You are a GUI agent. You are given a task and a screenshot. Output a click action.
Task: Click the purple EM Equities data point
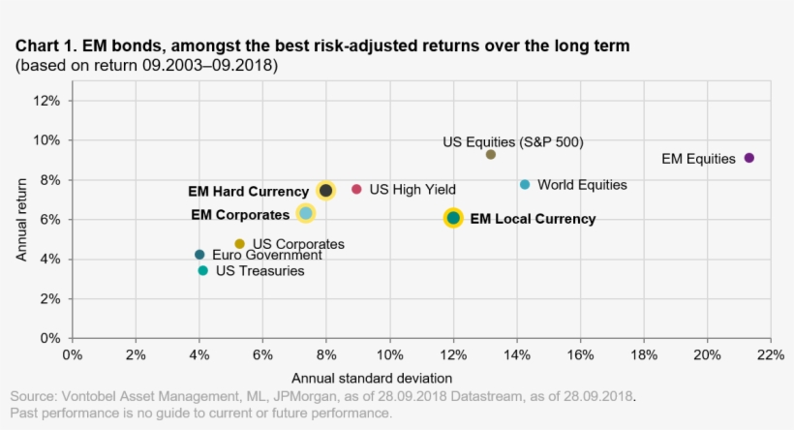(748, 158)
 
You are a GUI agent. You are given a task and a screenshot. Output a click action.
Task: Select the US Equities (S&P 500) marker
(491, 154)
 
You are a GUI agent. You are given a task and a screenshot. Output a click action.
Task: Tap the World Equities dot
(525, 184)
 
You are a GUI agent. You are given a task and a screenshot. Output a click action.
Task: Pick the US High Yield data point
(356, 190)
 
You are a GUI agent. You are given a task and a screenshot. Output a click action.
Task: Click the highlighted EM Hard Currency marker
(326, 191)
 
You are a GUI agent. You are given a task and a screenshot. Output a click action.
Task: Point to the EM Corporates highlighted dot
(305, 213)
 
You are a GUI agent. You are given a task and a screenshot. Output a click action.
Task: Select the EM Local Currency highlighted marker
(453, 218)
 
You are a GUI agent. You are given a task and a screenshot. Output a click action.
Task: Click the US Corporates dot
(240, 244)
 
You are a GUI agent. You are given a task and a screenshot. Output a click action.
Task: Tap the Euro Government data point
(199, 255)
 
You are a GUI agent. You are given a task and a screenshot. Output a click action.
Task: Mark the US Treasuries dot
(202, 271)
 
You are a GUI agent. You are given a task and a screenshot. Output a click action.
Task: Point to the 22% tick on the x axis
(770, 355)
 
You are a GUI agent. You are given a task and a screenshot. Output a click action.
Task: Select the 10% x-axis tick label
(389, 355)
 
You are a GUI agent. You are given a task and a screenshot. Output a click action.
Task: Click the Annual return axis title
(21, 219)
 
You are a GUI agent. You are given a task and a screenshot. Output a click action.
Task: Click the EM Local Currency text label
(533, 219)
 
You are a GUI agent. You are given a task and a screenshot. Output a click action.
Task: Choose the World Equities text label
(582, 185)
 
